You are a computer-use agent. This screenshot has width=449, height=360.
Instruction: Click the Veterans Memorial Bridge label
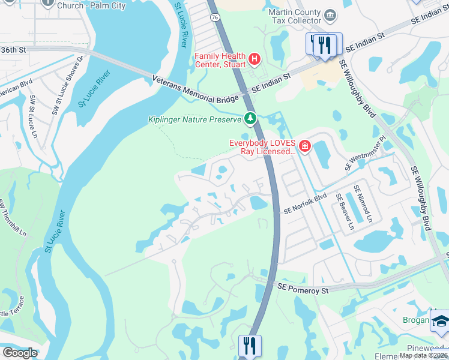pyautogui.click(x=196, y=89)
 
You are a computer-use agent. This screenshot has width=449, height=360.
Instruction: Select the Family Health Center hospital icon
pyautogui.click(x=255, y=59)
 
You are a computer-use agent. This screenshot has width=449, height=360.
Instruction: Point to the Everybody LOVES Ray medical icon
pyautogui.click(x=304, y=146)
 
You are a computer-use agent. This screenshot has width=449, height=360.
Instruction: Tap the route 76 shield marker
pyautogui.click(x=215, y=19)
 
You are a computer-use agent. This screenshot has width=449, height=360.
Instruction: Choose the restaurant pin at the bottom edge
pyautogui.click(x=249, y=346)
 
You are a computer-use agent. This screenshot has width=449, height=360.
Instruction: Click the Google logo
pyautogui.click(x=20, y=353)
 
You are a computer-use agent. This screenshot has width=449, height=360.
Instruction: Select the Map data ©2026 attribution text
pyautogui.click(x=423, y=355)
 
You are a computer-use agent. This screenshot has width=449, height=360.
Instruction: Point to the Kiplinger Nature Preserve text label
pyautogui.click(x=194, y=119)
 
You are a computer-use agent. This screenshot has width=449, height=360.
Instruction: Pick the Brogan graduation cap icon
pyautogui.click(x=440, y=320)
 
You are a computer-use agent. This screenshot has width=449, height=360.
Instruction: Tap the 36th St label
pyautogui.click(x=15, y=50)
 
